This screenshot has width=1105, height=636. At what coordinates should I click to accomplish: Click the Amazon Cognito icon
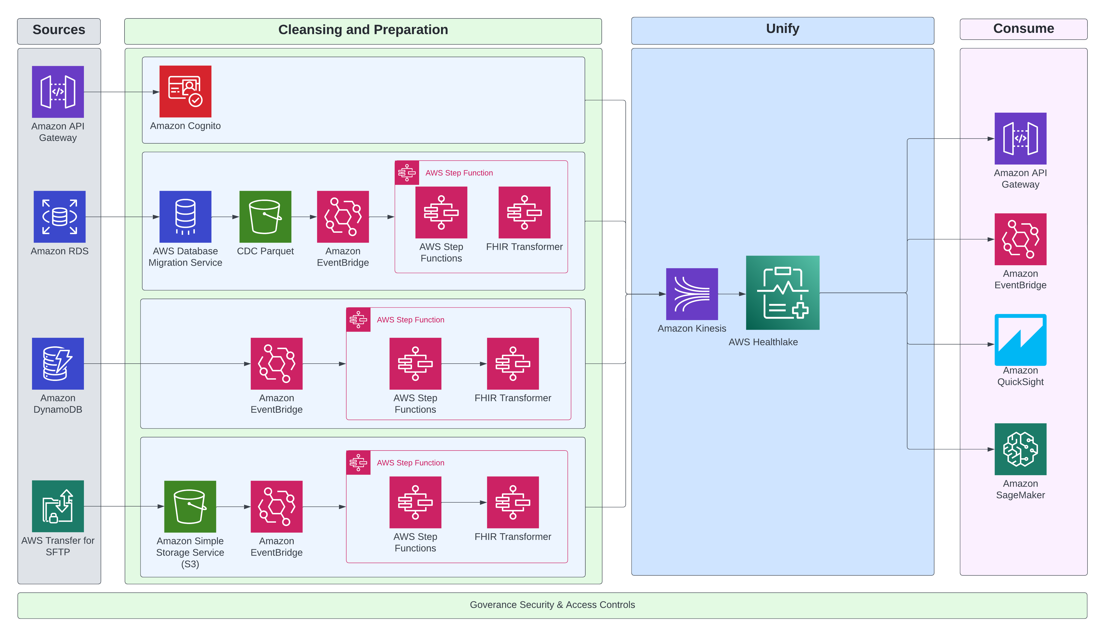coord(185,91)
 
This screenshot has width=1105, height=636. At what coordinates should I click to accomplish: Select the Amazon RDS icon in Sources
coord(59,217)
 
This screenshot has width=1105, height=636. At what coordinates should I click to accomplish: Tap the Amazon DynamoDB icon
coord(58,363)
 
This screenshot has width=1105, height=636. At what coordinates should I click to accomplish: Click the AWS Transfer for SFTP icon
coord(58,506)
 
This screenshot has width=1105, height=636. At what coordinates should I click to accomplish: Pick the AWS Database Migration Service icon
coord(185,217)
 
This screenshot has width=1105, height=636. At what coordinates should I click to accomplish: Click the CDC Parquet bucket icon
coord(265,217)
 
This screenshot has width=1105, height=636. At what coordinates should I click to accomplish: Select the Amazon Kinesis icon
coord(692,294)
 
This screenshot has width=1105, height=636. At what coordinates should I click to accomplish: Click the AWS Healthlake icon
coord(782,293)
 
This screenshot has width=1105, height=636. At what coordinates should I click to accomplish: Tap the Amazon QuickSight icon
coord(1020,340)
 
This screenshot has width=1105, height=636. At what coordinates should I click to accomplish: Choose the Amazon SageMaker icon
coord(1020,449)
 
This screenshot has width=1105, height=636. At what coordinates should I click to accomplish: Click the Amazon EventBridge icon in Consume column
coord(1020,239)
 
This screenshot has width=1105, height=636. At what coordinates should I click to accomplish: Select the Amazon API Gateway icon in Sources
coord(58,92)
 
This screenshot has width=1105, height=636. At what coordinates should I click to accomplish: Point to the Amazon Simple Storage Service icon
coord(190,507)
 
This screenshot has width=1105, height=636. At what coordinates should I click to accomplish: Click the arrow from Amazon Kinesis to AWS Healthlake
coord(732,294)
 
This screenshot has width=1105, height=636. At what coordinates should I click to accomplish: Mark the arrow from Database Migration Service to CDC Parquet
coord(225,217)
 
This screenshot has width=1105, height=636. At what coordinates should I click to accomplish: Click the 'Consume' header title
coord(1023,29)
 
